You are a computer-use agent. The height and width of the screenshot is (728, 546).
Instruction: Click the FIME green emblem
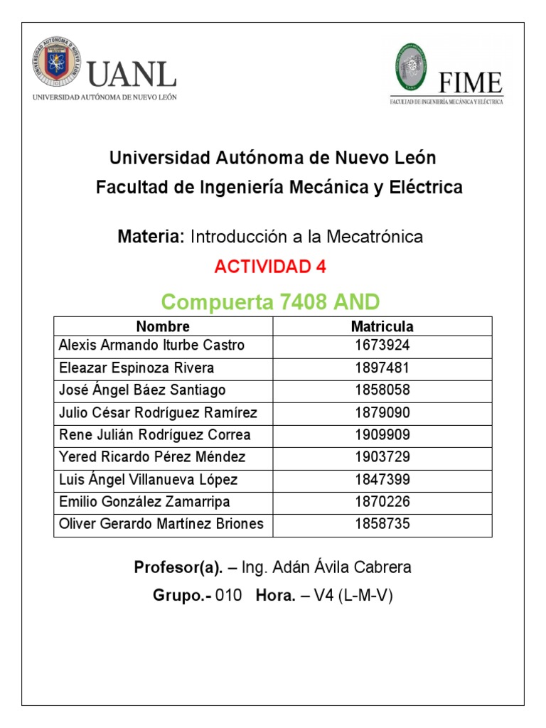click(x=412, y=70)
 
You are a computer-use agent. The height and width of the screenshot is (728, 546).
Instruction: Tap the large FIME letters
click(x=470, y=82)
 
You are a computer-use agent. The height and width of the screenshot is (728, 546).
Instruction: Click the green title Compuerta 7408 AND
click(x=270, y=302)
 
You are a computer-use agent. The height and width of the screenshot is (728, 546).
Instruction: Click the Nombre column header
click(x=163, y=327)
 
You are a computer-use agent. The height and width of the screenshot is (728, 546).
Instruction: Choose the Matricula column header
click(x=382, y=327)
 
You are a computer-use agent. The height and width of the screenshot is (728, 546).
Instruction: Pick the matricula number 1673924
click(x=382, y=346)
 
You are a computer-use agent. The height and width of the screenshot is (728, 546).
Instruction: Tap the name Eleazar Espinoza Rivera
click(x=136, y=368)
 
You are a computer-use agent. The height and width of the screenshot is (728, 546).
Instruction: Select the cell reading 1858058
click(x=382, y=390)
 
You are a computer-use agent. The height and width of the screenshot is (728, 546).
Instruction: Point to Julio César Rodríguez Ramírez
click(x=158, y=413)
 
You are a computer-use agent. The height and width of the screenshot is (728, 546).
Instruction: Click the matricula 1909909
click(x=382, y=435)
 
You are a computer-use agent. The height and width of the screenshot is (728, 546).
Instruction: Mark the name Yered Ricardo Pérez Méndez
click(x=151, y=457)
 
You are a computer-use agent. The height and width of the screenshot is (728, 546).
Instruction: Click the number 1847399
click(x=382, y=480)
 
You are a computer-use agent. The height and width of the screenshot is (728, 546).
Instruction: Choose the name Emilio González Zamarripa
click(x=144, y=502)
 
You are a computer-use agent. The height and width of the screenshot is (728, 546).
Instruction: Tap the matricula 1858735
click(x=382, y=525)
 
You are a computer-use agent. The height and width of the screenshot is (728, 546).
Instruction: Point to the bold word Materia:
click(x=151, y=237)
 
